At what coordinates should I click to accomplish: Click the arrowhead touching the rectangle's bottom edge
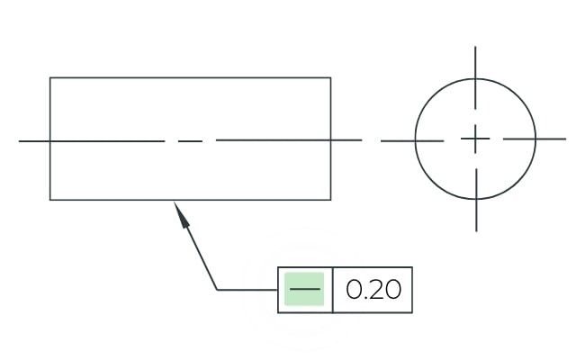click(x=182, y=215)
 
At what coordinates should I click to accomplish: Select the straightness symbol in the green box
click(x=305, y=289)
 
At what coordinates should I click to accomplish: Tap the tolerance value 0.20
click(x=373, y=290)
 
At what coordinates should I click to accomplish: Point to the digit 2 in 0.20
click(x=374, y=290)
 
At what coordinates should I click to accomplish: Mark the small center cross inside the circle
click(x=475, y=139)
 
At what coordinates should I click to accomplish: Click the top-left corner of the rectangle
click(x=50, y=77)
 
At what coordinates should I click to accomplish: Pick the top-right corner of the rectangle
click(x=330, y=77)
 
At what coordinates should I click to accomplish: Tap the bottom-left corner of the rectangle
click(x=50, y=200)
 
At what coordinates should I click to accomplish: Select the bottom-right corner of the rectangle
click(x=330, y=200)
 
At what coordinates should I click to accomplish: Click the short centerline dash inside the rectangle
click(x=190, y=141)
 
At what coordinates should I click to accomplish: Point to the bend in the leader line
click(x=217, y=290)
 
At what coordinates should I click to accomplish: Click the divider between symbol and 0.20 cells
click(x=332, y=290)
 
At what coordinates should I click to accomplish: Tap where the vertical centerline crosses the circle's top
click(x=475, y=78)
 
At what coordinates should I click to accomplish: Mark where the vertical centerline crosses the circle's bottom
click(x=476, y=199)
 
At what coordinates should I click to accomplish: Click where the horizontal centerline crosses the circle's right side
click(x=535, y=139)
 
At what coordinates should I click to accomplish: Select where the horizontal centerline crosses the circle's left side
click(x=415, y=140)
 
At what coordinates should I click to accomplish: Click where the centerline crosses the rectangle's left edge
click(x=50, y=141)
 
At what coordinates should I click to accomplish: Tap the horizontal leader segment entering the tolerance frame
click(x=247, y=290)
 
